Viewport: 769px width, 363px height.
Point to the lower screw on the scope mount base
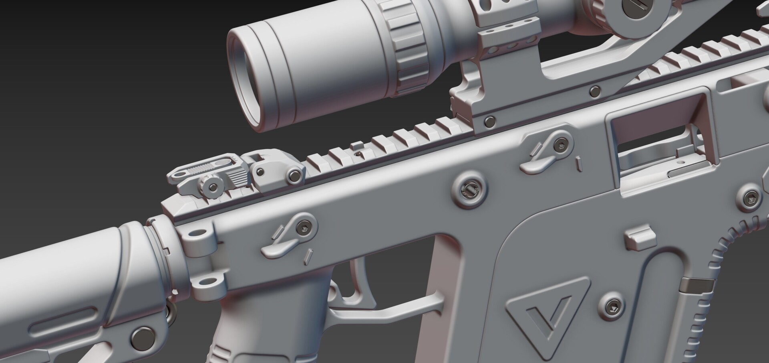tap(489, 120)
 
